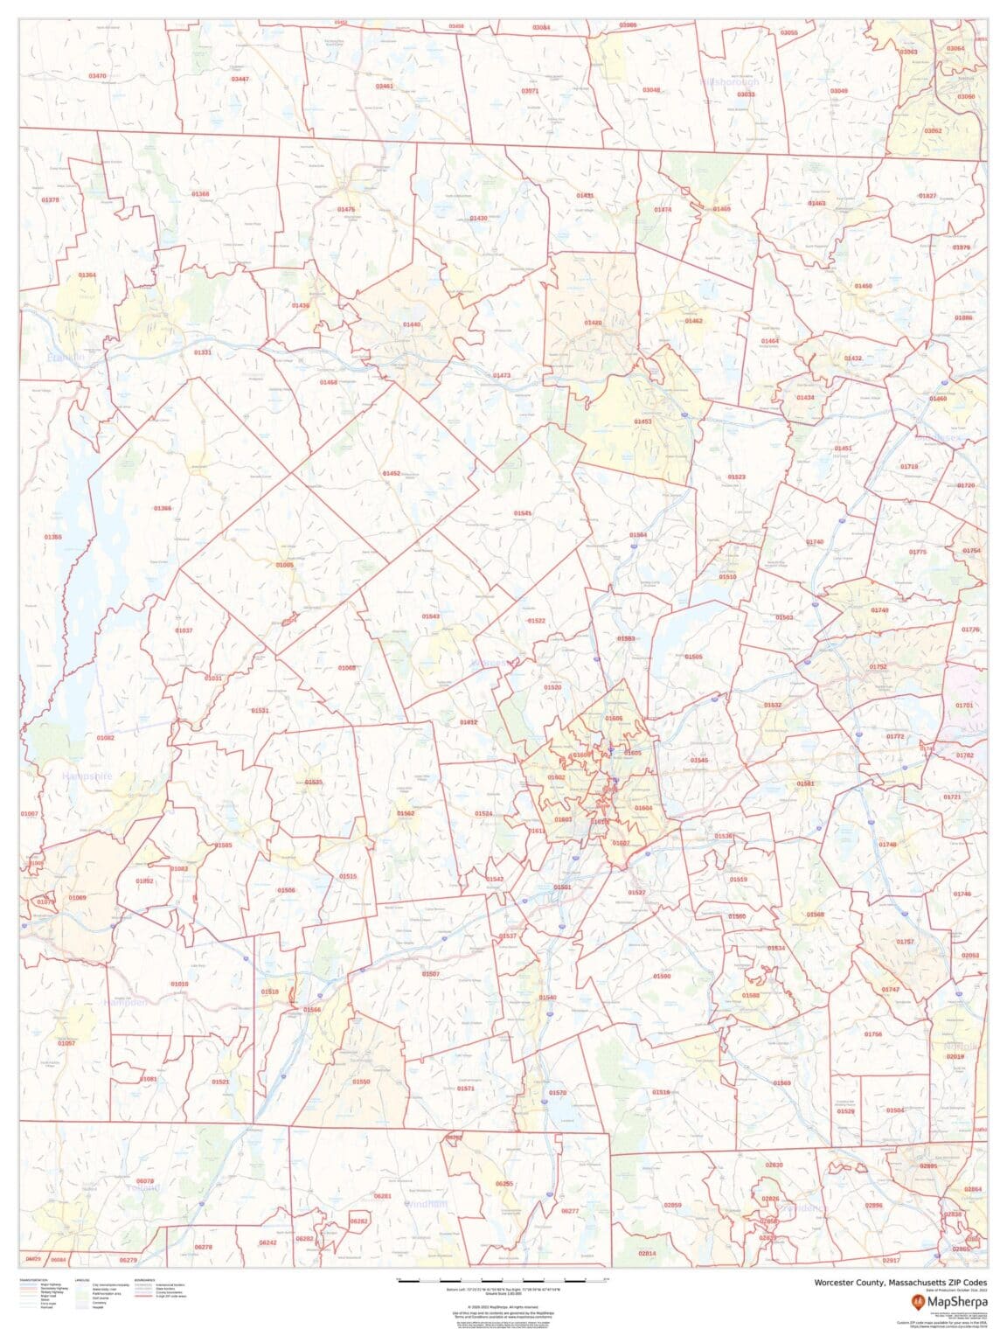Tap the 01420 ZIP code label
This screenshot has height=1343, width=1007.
pos(593,323)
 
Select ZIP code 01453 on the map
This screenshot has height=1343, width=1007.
pos(642,421)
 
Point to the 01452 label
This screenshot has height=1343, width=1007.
pos(391,473)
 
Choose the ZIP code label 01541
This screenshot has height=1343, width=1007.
pos(523,513)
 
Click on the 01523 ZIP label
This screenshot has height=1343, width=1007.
pos(736,477)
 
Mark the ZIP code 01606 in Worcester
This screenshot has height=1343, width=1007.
pos(614,718)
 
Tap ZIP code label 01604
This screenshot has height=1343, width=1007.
pos(643,808)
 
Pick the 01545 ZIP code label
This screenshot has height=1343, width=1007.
pos(699,761)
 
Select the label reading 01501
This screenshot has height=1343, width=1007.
pos(562,887)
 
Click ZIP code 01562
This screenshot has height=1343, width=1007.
pos(406,813)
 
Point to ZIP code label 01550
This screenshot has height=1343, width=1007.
pos(361,1082)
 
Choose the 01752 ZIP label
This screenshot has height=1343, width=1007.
pos(878,666)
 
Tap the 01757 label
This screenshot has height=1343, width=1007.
pos(905,942)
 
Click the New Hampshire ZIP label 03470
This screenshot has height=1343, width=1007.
pos(97,76)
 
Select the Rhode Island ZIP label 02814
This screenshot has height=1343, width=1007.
pos(647,1254)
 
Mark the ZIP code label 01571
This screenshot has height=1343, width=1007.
pos(466,1089)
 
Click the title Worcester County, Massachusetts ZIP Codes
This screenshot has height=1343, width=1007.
pos(889,1282)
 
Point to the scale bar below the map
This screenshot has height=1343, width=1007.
pos(503,1280)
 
